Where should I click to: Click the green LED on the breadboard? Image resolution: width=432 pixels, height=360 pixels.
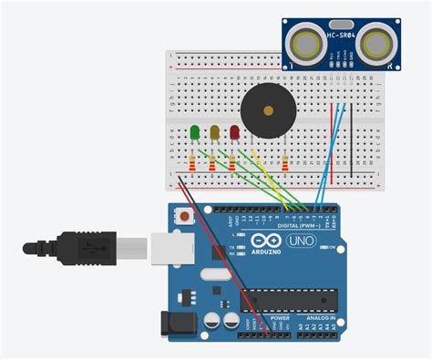[194, 133]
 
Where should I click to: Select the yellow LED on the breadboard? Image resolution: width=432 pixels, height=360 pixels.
[215, 133]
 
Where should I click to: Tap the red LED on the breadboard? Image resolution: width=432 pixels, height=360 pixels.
[235, 133]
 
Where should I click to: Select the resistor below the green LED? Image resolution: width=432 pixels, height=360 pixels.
[191, 164]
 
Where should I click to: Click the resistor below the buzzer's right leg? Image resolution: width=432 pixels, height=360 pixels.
[285, 164]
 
